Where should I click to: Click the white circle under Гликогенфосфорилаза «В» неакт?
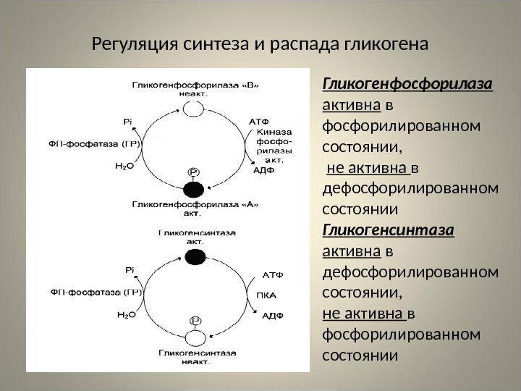tap(193, 109)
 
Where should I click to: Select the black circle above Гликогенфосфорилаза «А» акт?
tap(193, 190)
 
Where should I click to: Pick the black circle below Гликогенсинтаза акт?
tap(194, 256)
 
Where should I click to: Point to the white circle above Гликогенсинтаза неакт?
tap(194, 337)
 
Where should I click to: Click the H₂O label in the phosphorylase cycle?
tap(125, 165)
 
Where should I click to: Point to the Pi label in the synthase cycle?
tap(131, 270)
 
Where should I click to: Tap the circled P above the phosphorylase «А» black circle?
tap(194, 172)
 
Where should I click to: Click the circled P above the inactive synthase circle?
tap(195, 319)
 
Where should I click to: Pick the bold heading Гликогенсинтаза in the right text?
tap(388, 231)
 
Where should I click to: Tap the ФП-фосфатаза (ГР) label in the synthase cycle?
tap(96, 293)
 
